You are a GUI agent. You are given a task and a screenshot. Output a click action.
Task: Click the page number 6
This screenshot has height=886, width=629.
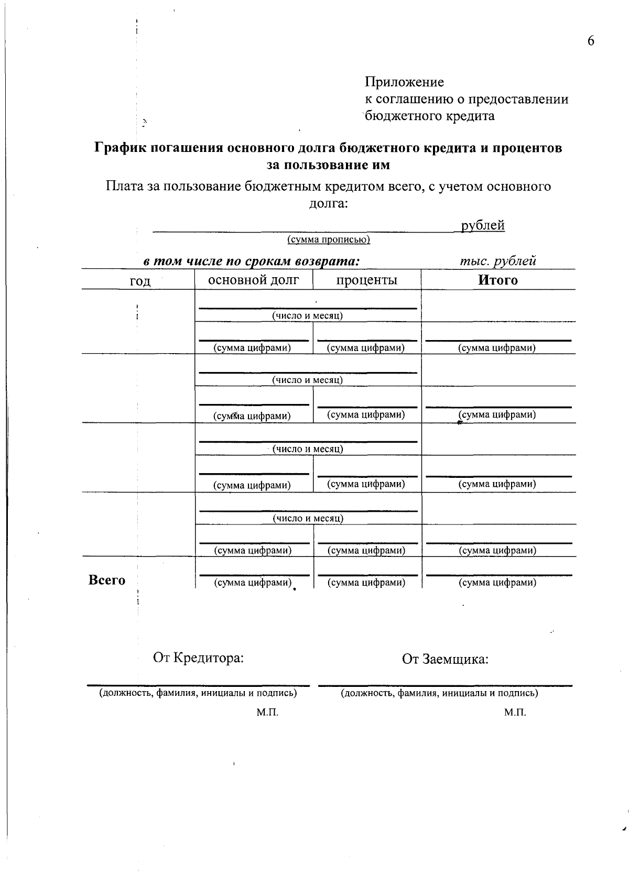591,41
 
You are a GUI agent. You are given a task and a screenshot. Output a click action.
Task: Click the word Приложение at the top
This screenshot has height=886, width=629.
404,82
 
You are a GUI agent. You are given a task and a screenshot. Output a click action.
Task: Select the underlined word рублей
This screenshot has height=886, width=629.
482,226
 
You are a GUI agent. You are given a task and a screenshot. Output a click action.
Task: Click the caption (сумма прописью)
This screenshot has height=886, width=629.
329,240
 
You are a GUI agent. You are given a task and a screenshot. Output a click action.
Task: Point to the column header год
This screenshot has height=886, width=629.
140,281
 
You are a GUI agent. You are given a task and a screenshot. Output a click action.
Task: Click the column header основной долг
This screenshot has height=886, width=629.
254,280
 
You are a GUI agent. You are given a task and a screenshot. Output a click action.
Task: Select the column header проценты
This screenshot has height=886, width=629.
366,280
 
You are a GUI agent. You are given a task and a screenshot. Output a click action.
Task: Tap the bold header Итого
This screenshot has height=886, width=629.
497,280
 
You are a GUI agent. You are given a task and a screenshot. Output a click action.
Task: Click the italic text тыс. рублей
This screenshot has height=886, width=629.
497,261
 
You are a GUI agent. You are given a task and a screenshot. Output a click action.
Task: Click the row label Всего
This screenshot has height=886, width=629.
107,580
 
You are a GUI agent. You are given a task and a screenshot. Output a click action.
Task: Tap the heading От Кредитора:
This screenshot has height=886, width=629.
198,658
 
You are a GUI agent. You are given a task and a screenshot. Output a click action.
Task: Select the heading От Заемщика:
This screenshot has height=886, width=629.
445,659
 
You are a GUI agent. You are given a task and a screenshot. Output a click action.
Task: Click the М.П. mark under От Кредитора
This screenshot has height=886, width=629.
267,713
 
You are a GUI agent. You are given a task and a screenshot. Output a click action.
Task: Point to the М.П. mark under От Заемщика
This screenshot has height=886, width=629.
515,713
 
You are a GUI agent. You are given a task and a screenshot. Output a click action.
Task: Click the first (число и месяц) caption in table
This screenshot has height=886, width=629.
307,316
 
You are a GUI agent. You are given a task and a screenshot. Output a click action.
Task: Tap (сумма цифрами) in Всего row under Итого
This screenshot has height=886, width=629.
497,583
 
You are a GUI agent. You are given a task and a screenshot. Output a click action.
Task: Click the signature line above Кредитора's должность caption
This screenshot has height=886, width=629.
198,685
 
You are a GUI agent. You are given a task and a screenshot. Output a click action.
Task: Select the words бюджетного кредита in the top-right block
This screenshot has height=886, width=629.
430,116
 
